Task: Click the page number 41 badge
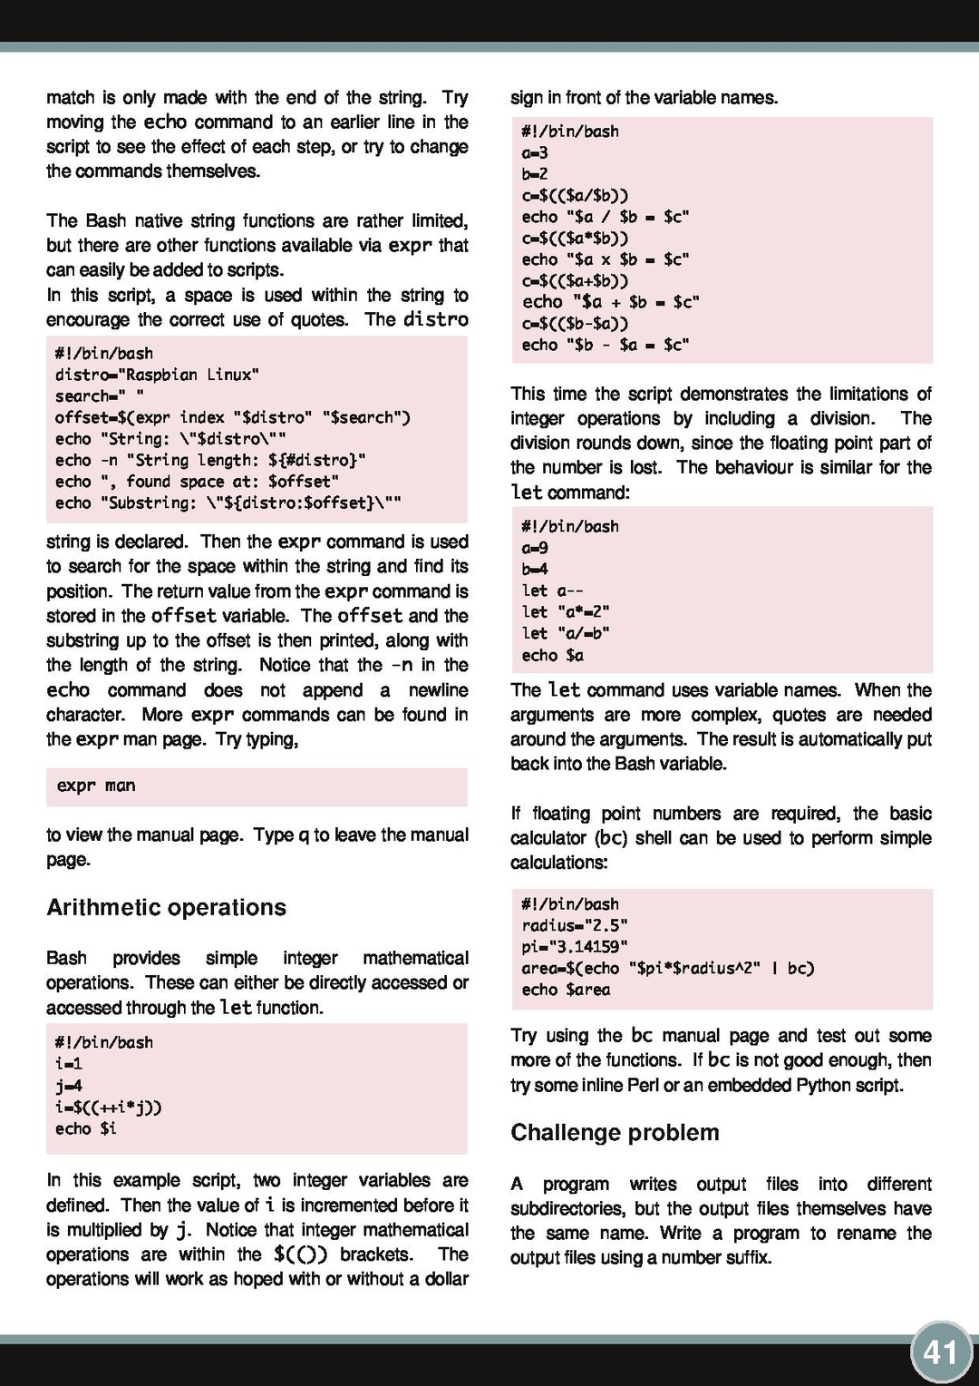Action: pos(940,1352)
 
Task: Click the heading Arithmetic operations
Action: pos(166,907)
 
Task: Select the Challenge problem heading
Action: pos(615,1132)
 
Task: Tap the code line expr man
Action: pos(95,786)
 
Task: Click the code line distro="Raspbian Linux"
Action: pos(157,375)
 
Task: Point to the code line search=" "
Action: pos(99,396)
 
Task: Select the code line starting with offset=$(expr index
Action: pos(232,417)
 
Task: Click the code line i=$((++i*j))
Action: pos(108,1108)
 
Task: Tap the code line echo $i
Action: pos(85,1128)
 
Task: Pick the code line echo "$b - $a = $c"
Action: pos(605,345)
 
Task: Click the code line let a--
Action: pos(552,591)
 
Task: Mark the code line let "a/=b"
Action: pos(566,633)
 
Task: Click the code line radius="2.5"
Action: pos(575,925)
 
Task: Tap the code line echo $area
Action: pos(566,990)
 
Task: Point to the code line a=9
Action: pos(535,548)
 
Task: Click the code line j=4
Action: pos(69,1086)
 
